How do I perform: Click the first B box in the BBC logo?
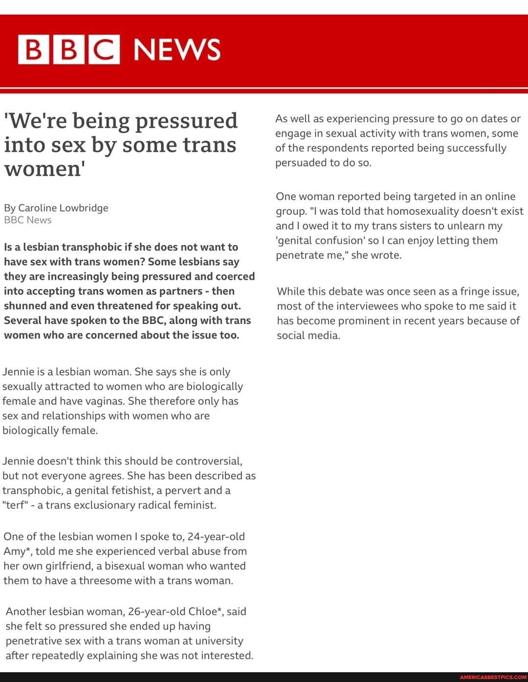[x=33, y=49]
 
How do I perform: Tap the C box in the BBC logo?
[x=104, y=49]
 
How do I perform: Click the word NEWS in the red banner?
[x=177, y=50]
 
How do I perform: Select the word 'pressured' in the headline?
[x=186, y=121]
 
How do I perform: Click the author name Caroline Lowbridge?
[x=63, y=208]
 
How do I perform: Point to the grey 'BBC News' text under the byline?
[x=28, y=220]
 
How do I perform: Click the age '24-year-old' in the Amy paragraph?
[x=216, y=536]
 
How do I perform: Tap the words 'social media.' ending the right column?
[x=308, y=336]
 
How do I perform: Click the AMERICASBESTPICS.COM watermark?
[x=493, y=677]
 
